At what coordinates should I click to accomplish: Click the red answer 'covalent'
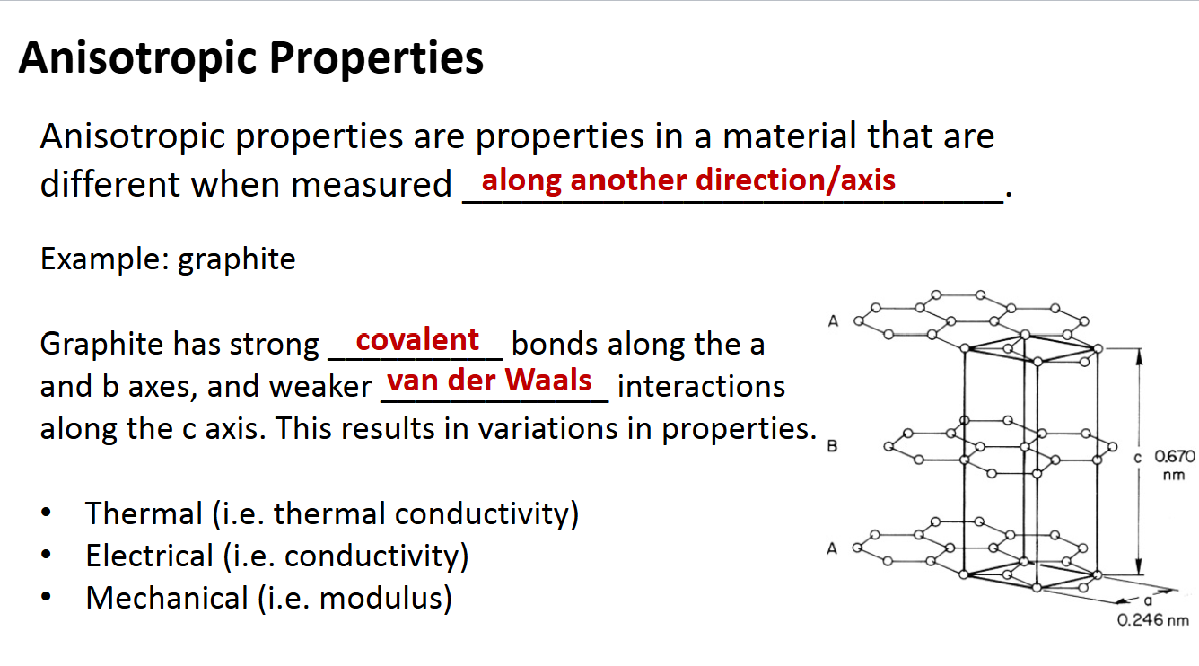point(417,340)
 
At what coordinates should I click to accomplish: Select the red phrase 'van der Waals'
point(489,381)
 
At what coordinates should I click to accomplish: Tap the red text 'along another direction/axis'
point(688,180)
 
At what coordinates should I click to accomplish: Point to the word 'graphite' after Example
point(237,259)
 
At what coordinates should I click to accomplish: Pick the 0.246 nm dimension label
point(1153,620)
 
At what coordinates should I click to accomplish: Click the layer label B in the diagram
point(832,447)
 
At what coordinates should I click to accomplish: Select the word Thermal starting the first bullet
point(144,514)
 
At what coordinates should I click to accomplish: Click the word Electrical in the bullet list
point(150,556)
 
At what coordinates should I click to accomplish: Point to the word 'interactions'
point(701,387)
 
